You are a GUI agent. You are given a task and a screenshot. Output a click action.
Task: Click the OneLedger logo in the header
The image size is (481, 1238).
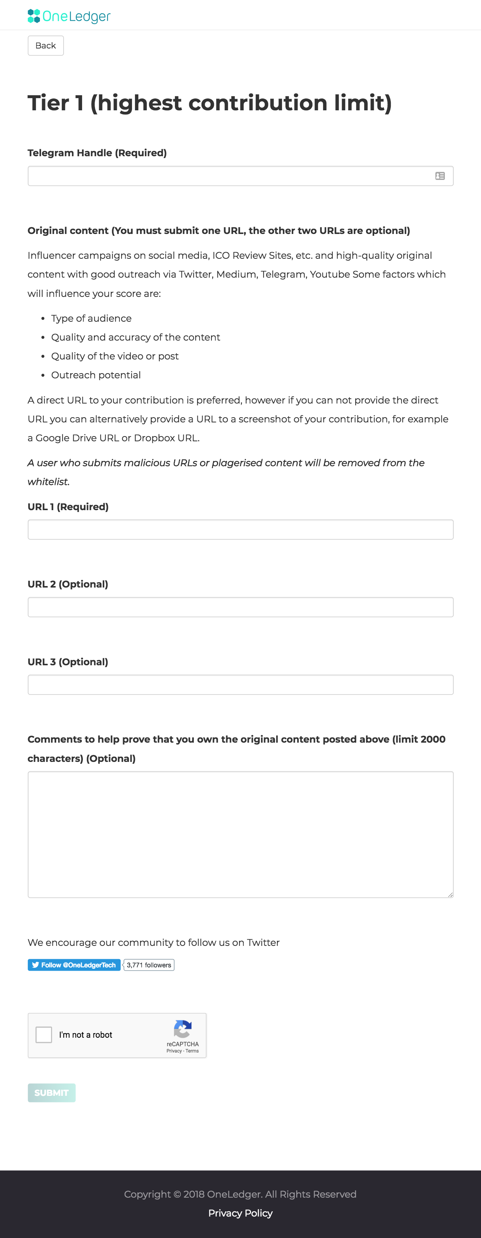(x=69, y=16)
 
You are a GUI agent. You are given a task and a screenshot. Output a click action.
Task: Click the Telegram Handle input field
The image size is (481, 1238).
(x=230, y=176)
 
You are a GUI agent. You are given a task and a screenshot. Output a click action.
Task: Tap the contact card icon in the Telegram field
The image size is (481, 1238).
(x=440, y=176)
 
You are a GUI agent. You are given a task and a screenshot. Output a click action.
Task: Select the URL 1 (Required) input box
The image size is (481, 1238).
(x=240, y=530)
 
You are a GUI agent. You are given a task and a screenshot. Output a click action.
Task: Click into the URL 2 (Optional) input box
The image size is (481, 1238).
(x=240, y=607)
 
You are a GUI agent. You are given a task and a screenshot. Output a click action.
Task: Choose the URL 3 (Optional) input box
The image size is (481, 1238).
(x=240, y=685)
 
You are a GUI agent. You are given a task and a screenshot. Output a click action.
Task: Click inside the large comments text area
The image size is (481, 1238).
(x=240, y=834)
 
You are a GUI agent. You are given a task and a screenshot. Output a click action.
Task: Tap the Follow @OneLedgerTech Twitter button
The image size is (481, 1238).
(x=74, y=965)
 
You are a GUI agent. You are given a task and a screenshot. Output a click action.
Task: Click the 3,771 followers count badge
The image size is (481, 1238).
(x=149, y=965)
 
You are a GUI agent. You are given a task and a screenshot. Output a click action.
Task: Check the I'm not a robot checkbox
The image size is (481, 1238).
(x=44, y=1035)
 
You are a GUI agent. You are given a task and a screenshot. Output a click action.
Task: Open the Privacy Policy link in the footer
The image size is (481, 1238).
(x=240, y=1213)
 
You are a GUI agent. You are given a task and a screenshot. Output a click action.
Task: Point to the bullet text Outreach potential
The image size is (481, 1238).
(x=96, y=375)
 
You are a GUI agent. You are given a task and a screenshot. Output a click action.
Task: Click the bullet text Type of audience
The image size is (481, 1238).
(x=91, y=318)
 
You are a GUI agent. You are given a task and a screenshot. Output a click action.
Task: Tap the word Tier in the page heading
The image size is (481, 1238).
(x=48, y=103)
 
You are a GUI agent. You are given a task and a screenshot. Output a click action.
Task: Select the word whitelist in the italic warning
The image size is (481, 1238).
(x=48, y=482)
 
